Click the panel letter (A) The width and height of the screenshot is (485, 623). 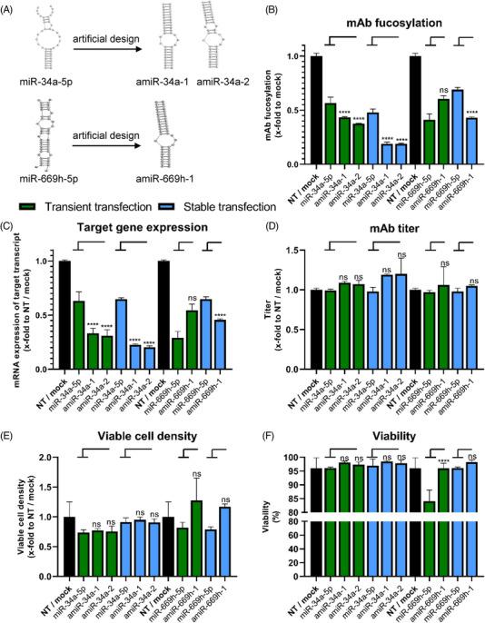tap(12, 8)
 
